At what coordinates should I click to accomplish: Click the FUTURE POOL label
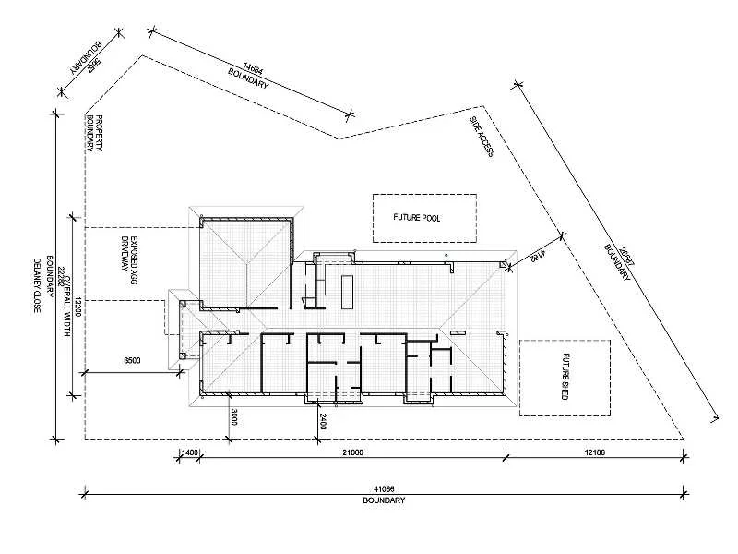click(x=417, y=219)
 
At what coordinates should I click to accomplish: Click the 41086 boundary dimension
click(x=384, y=488)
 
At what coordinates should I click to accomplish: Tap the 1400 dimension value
click(x=187, y=452)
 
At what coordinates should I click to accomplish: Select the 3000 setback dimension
click(x=235, y=416)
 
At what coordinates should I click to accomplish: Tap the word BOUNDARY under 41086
click(x=384, y=500)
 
